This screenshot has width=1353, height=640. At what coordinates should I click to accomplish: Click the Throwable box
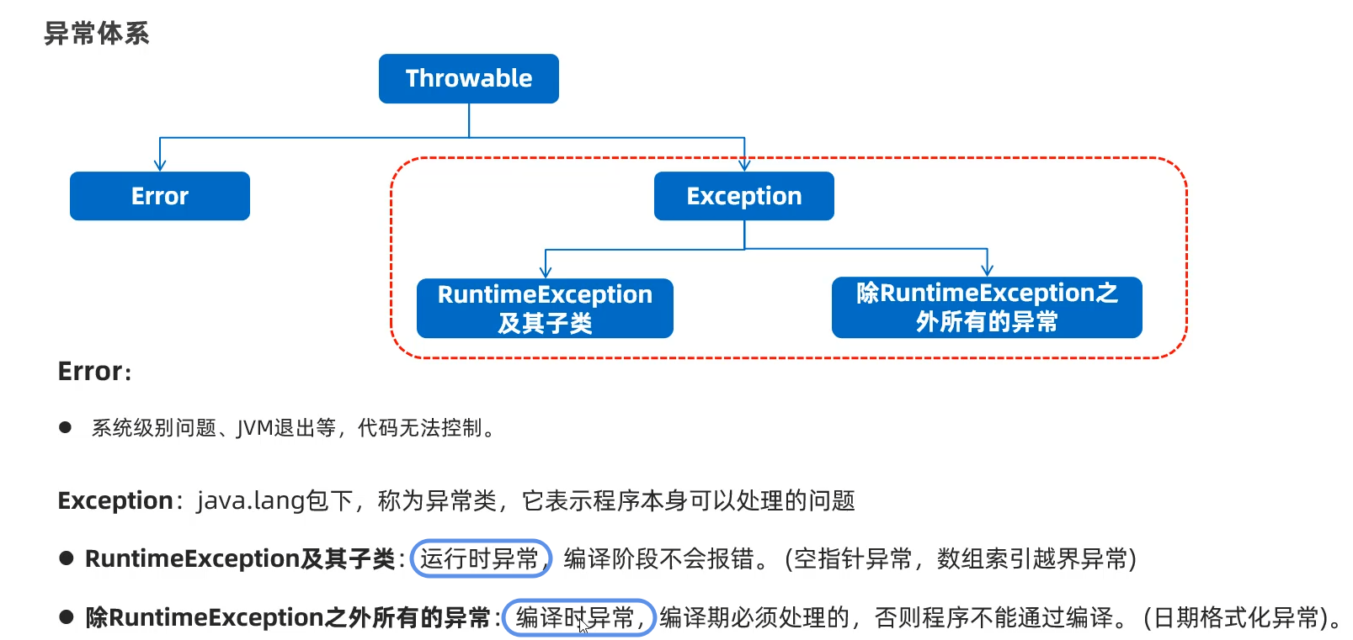(468, 78)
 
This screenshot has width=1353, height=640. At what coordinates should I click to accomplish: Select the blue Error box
(159, 196)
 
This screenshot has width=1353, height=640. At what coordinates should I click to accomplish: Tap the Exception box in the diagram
(743, 196)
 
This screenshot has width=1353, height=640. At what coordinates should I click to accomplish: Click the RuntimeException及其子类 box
(545, 308)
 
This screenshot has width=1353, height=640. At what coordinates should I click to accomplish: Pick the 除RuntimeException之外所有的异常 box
(986, 307)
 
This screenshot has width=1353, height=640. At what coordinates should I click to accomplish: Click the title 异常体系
(96, 34)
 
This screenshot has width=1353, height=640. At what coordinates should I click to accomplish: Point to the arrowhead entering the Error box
(160, 166)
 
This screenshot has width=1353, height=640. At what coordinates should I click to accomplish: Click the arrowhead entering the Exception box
(744, 166)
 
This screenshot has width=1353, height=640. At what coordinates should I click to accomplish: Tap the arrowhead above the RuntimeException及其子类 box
(546, 272)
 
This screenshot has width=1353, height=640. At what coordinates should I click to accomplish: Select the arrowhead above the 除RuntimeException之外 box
(987, 270)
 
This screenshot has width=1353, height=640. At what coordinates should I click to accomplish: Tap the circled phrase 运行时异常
(480, 558)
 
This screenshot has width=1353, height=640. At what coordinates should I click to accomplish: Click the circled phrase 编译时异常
(577, 617)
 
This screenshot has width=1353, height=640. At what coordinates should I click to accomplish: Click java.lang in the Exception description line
(251, 501)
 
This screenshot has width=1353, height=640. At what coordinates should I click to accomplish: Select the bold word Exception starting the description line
(115, 501)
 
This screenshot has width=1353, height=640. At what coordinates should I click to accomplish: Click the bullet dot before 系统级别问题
(66, 427)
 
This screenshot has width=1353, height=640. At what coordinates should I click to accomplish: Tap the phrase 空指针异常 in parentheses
(853, 558)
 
